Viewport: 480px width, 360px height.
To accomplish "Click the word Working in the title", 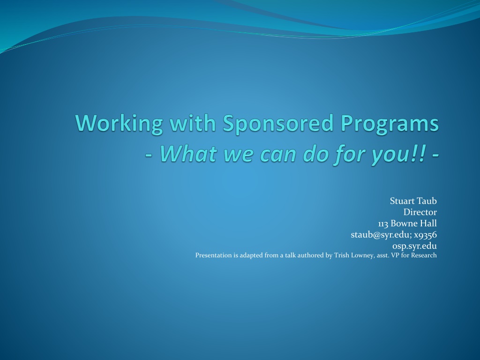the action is click(x=119, y=124).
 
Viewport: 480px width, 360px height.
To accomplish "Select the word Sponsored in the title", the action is click(x=278, y=124).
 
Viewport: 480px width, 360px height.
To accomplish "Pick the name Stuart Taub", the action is click(x=413, y=201).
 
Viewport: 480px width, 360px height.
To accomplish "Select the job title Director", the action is click(x=420, y=212).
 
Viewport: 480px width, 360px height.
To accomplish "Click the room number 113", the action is click(x=383, y=224).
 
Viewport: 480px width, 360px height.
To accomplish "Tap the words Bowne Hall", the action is click(x=414, y=223).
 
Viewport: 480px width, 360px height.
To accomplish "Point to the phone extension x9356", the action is click(x=425, y=235).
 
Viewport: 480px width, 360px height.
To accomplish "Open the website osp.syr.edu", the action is click(x=414, y=246).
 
